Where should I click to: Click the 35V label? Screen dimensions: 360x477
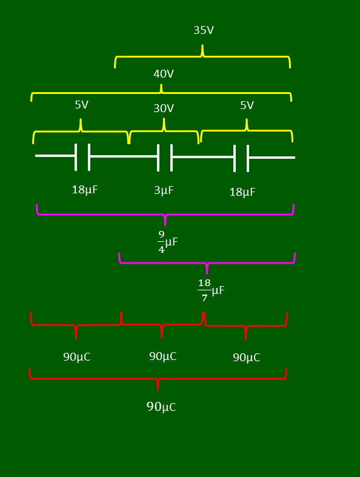204,30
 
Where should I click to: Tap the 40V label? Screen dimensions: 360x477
164,73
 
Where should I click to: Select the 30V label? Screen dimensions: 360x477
164,108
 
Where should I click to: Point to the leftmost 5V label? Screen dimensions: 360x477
82,105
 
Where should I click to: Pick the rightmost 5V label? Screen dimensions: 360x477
247,105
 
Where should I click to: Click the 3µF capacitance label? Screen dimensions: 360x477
164,190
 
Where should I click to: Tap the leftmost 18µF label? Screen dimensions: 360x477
85,190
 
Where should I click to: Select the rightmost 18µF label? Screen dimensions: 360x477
242,192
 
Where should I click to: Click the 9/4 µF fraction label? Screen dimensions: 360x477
168,242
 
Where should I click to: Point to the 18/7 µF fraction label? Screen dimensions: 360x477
211,290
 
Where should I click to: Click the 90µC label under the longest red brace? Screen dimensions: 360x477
161,407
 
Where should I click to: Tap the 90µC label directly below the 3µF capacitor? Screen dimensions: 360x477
163,356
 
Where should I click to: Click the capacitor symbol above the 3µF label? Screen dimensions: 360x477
165,158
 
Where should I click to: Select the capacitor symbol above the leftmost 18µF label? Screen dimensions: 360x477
82,157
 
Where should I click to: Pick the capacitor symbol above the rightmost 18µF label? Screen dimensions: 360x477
241,158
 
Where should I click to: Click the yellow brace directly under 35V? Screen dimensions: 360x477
202,56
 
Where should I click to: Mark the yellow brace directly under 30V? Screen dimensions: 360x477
164,131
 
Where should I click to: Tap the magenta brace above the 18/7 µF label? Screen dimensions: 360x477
207,262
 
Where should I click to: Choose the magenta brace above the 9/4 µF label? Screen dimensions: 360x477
165,215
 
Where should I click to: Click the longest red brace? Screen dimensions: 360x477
158,379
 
